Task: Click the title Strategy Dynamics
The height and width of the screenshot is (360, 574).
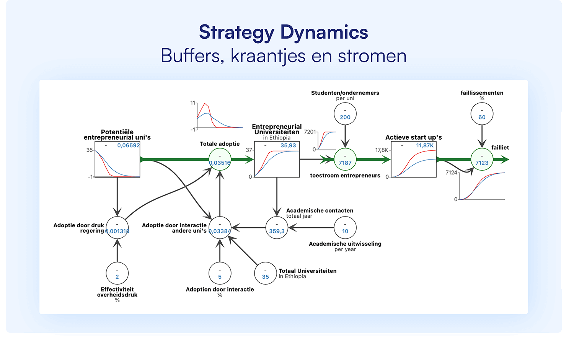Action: coord(283,32)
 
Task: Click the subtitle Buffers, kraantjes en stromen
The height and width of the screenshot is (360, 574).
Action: coord(283,56)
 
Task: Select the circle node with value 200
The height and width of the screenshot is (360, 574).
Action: coord(345,114)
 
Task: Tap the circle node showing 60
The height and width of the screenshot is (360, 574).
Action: coord(481,114)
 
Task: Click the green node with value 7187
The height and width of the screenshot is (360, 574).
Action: coord(345,160)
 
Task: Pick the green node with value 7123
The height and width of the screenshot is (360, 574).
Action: coord(481,160)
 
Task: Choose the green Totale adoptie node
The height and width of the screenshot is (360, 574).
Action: coord(220,160)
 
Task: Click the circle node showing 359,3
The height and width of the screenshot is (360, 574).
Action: coord(277,228)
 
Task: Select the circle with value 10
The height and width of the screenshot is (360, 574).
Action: coord(345,228)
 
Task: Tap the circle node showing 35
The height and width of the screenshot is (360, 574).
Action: coord(265,274)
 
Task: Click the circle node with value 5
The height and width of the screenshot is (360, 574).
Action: coord(220,274)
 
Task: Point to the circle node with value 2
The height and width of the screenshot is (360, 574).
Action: coord(117,274)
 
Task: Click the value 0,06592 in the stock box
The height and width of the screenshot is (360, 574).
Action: coord(129,145)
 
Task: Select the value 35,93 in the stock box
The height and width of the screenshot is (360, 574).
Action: coord(288,145)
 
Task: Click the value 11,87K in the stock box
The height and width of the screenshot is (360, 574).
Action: coord(425,145)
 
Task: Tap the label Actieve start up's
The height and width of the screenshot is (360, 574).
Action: coord(413,137)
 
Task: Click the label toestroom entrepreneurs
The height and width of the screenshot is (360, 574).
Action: coord(345,176)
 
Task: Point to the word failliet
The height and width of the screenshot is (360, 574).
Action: coord(500,148)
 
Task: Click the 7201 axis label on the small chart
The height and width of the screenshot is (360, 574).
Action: coord(310,132)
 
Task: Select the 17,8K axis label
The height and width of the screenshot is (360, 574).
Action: coord(382,150)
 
